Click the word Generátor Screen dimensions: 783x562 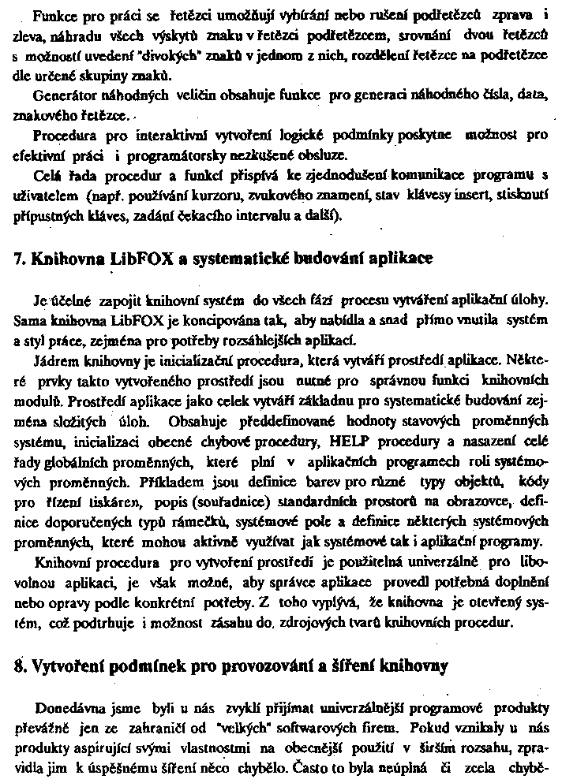point(66,94)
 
